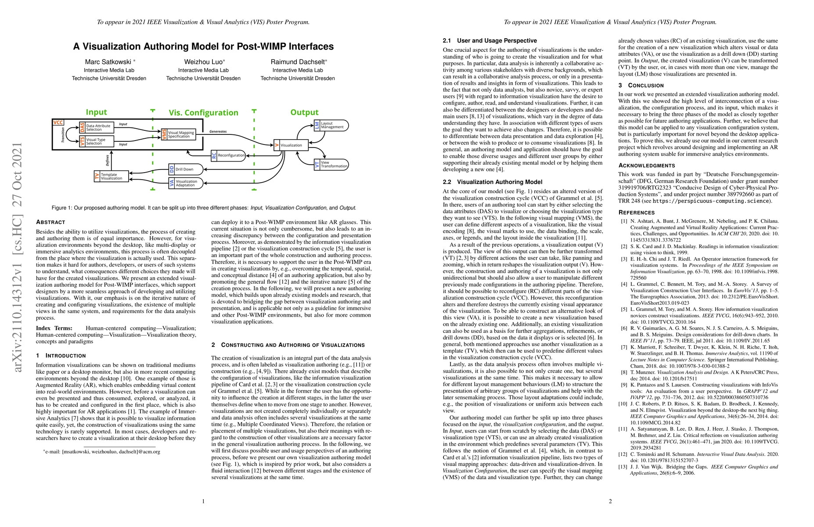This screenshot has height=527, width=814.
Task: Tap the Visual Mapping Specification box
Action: coord(177,134)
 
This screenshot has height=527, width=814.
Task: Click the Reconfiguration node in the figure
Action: coord(228,155)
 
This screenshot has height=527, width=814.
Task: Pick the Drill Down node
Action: coord(186,169)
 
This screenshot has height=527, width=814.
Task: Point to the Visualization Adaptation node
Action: coord(186,183)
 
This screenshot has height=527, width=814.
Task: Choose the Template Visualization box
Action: coord(112,176)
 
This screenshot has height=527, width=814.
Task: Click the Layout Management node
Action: coord(331,125)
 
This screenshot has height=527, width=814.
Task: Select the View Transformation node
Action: coord(331,164)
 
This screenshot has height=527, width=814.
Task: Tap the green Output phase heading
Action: coord(304,112)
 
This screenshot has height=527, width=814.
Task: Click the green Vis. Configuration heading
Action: coord(203,113)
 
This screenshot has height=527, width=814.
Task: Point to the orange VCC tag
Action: coord(58,123)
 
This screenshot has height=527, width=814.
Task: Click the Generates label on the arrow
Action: coord(218,131)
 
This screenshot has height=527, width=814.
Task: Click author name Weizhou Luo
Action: coord(204,62)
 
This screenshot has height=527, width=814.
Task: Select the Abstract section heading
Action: coord(50,222)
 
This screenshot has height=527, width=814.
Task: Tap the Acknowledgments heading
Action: coord(647,166)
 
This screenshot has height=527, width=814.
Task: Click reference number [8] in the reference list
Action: coord(623,372)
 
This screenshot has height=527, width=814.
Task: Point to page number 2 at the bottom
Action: coord(610,501)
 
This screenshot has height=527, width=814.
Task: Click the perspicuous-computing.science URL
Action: coord(711,201)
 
